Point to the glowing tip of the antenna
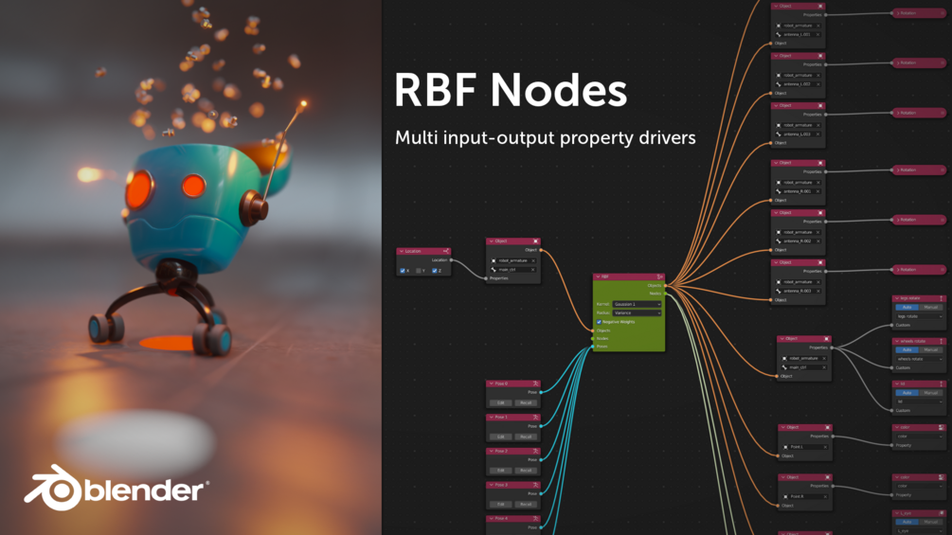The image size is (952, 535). tap(303, 103)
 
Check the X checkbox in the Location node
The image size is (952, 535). tap(404, 271)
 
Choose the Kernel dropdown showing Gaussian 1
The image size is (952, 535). tap(637, 304)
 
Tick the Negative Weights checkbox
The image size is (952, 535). tap(599, 321)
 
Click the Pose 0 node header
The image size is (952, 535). tap(512, 383)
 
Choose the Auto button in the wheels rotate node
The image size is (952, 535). tap(907, 350)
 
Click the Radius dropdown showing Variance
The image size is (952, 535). tap(637, 312)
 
